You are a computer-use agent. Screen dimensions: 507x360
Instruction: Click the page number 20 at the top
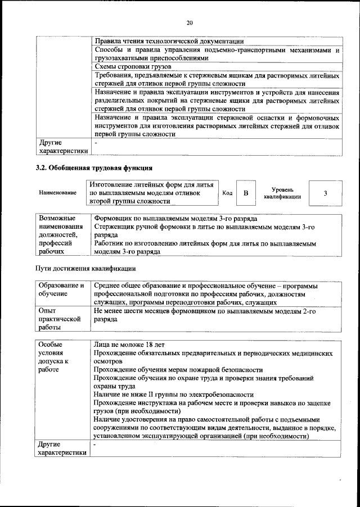point(190,22)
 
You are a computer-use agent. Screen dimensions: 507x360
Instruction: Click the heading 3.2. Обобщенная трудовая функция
point(94,168)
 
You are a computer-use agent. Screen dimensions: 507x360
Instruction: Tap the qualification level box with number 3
point(325,193)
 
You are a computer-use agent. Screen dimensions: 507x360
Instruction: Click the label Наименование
point(58,193)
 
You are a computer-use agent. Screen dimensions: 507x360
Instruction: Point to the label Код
point(227,193)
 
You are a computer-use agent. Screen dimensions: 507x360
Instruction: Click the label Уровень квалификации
point(282,193)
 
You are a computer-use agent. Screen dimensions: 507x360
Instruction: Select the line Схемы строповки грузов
point(128,66)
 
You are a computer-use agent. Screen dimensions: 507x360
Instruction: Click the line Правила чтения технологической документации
point(169,41)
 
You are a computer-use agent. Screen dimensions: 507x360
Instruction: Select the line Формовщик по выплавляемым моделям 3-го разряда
point(176,218)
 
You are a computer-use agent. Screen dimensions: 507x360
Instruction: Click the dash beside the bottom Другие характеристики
point(96,445)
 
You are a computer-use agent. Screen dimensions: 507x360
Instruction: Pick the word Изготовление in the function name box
point(112,184)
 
